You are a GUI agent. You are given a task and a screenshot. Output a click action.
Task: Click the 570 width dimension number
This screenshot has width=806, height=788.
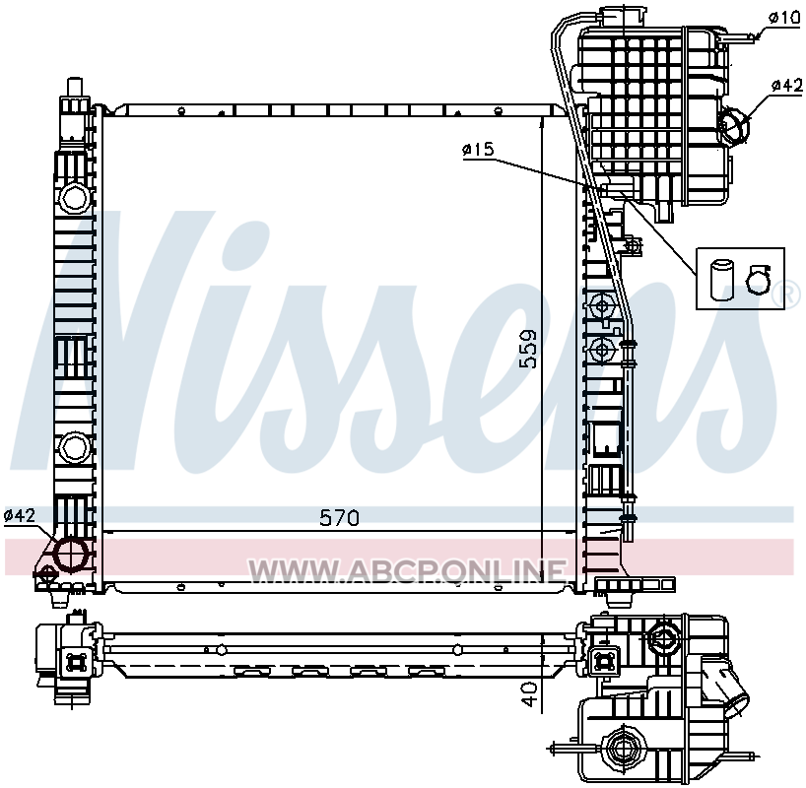click(339, 518)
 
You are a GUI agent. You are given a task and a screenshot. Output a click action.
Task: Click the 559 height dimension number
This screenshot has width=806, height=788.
click(528, 349)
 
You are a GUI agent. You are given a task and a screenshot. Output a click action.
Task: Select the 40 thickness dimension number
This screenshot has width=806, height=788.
click(529, 694)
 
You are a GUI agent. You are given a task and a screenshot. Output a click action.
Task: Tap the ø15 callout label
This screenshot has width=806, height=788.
click(478, 150)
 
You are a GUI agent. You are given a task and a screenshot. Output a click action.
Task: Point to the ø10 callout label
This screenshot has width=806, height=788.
click(785, 18)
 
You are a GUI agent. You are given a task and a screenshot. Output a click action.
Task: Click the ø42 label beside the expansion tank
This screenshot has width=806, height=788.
click(786, 86)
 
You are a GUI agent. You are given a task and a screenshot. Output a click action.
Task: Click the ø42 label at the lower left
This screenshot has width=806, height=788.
click(20, 515)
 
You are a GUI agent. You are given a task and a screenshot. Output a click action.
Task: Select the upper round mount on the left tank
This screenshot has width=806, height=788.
click(75, 198)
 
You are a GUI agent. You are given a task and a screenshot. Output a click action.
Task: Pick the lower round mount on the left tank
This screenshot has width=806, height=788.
click(75, 448)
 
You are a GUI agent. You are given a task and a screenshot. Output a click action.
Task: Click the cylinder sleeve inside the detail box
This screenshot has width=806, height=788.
click(721, 280)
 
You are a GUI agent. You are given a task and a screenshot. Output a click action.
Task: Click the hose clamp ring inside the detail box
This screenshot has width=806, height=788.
click(758, 281)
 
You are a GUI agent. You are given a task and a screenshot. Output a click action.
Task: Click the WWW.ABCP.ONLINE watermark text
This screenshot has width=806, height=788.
click(407, 570)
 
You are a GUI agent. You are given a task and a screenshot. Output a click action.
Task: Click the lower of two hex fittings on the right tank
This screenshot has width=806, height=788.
click(601, 351)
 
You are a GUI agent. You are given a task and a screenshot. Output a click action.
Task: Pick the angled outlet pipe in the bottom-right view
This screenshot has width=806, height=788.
click(726, 688)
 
